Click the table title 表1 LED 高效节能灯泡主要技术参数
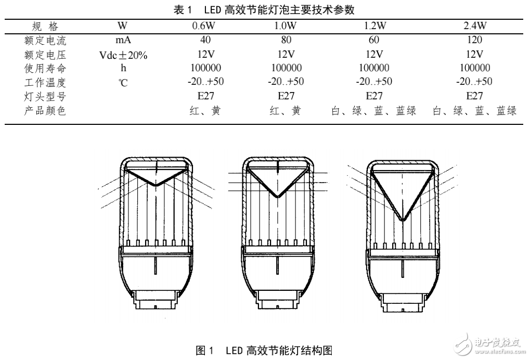pos(265,9)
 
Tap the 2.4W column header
pos(475,25)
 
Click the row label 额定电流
pos(46,40)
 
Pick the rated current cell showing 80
pos(286,40)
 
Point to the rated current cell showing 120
pos(475,40)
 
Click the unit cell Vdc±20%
pos(123,54)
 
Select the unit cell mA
pos(123,40)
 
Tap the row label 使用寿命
pos(46,68)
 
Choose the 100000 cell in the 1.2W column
pos(374,68)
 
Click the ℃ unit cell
pos(123,82)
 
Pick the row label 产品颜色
pos(46,110)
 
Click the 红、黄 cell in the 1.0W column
pos(286,110)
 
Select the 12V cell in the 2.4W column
pos(475,54)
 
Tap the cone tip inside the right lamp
pos(404,220)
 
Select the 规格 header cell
pos(46,25)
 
